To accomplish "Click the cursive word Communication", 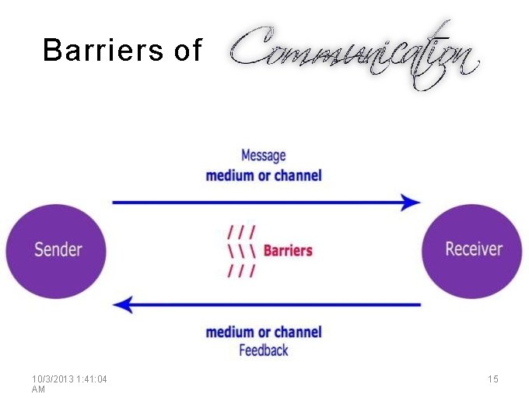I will [x=354, y=55].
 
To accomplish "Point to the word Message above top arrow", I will [x=263, y=156].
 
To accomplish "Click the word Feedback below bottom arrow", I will [x=263, y=350].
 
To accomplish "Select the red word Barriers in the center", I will [x=288, y=251].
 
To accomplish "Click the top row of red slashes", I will [x=242, y=231].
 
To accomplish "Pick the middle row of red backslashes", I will [x=242, y=251].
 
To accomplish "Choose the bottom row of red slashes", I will [x=242, y=270].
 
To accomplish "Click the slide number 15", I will [x=492, y=379].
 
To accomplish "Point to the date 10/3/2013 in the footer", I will [x=51, y=379].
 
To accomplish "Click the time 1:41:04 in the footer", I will [x=89, y=379].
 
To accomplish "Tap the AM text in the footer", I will [x=39, y=389].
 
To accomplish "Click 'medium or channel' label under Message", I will [x=263, y=175].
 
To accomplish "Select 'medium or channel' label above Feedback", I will [x=263, y=333].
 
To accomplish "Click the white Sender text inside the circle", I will [x=58, y=249].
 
